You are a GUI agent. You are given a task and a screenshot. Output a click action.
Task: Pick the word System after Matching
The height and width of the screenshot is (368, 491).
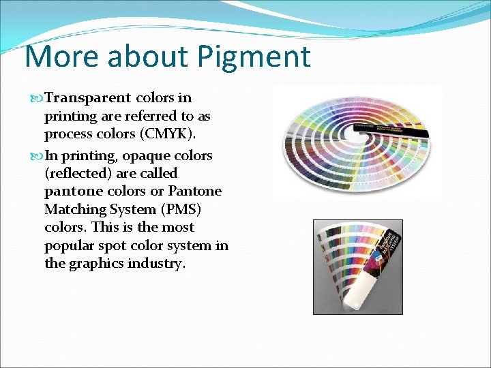[132, 209]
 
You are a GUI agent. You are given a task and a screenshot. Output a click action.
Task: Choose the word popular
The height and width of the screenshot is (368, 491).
[71, 245]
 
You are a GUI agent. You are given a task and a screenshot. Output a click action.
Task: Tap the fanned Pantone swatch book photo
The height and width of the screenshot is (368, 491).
[357, 266]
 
